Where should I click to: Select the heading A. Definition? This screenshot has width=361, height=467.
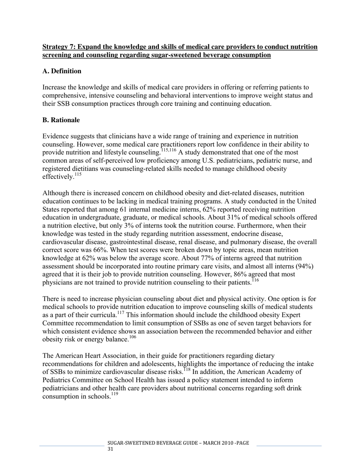(x=62, y=71)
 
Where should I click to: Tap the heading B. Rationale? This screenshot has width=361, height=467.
(x=61, y=120)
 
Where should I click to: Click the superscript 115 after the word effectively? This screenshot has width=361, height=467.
(x=78, y=175)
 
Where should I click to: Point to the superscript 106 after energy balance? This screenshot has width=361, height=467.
(x=133, y=337)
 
